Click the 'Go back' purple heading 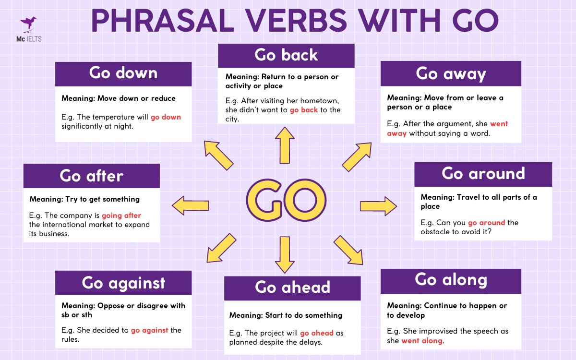(286, 55)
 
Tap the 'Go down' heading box (123, 73)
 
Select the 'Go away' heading (451, 73)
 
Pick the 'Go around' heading (483, 174)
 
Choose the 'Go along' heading (451, 280)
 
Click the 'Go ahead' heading (292, 288)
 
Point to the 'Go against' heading (123, 283)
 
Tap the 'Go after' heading (91, 176)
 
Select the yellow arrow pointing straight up (286, 145)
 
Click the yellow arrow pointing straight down (285, 255)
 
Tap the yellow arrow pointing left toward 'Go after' (191, 205)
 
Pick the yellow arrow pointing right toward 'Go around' (378, 206)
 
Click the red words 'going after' (121, 216)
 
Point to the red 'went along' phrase (422, 341)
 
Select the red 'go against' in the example (149, 330)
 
